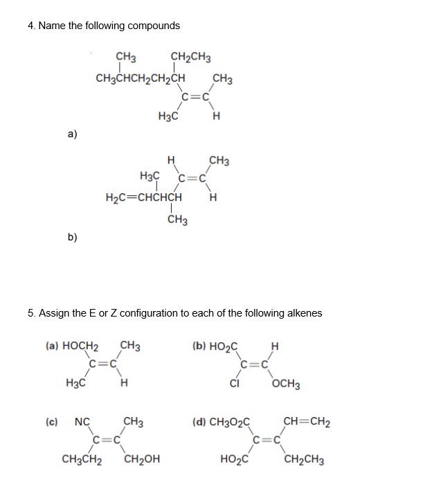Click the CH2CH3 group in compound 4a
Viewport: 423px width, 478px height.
[x=190, y=57]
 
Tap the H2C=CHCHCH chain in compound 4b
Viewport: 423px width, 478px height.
[x=144, y=197]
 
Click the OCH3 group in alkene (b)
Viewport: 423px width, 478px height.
[x=286, y=384]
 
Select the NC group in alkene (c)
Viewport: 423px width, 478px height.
[x=82, y=421]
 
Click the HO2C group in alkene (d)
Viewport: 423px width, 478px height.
[x=233, y=459]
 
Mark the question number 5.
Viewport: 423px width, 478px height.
[x=31, y=313]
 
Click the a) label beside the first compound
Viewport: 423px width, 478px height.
[x=72, y=134]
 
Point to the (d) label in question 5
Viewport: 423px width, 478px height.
[x=200, y=421]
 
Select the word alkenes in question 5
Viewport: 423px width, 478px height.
[x=303, y=313]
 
